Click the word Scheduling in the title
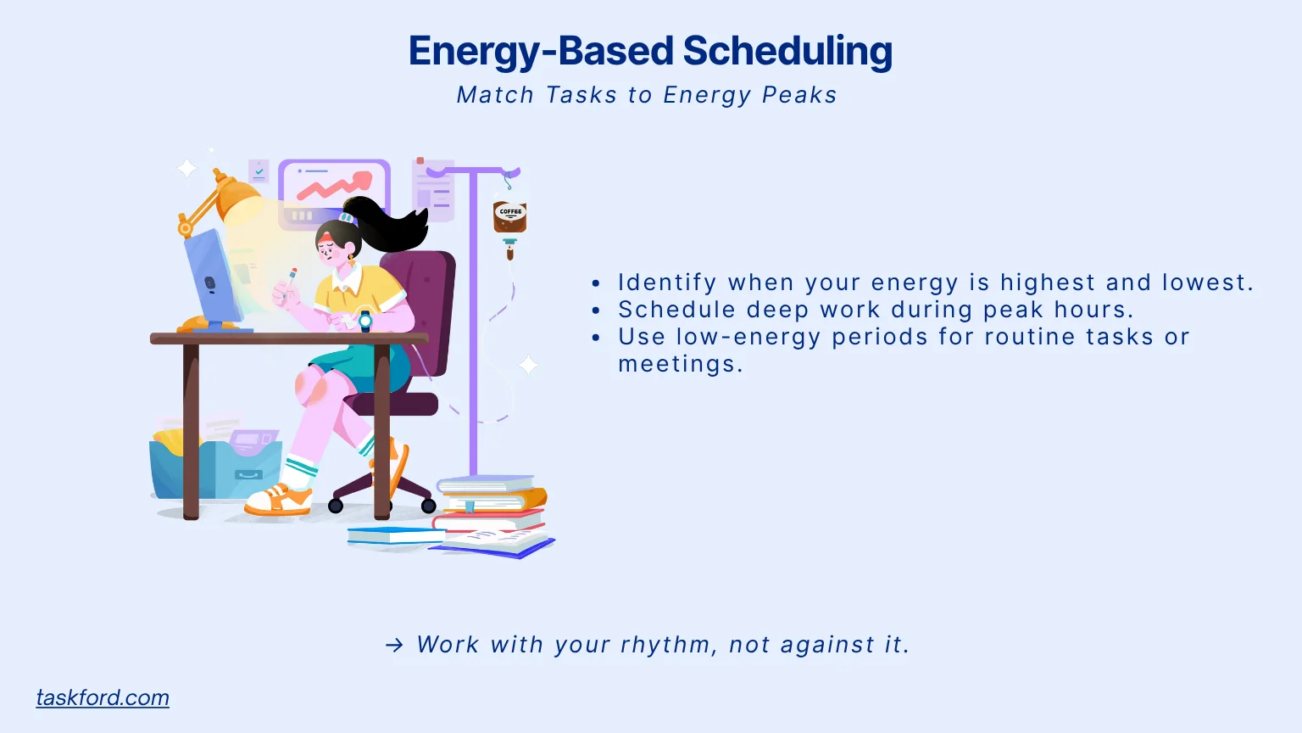pos(787,51)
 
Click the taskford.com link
pos(103,697)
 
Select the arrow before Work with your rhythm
pos(394,646)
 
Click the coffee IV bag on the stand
pos(510,216)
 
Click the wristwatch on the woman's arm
pos(365,321)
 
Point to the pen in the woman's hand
pos(290,282)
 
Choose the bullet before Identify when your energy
pos(596,283)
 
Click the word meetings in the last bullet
pos(680,364)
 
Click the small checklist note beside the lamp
pos(259,172)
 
